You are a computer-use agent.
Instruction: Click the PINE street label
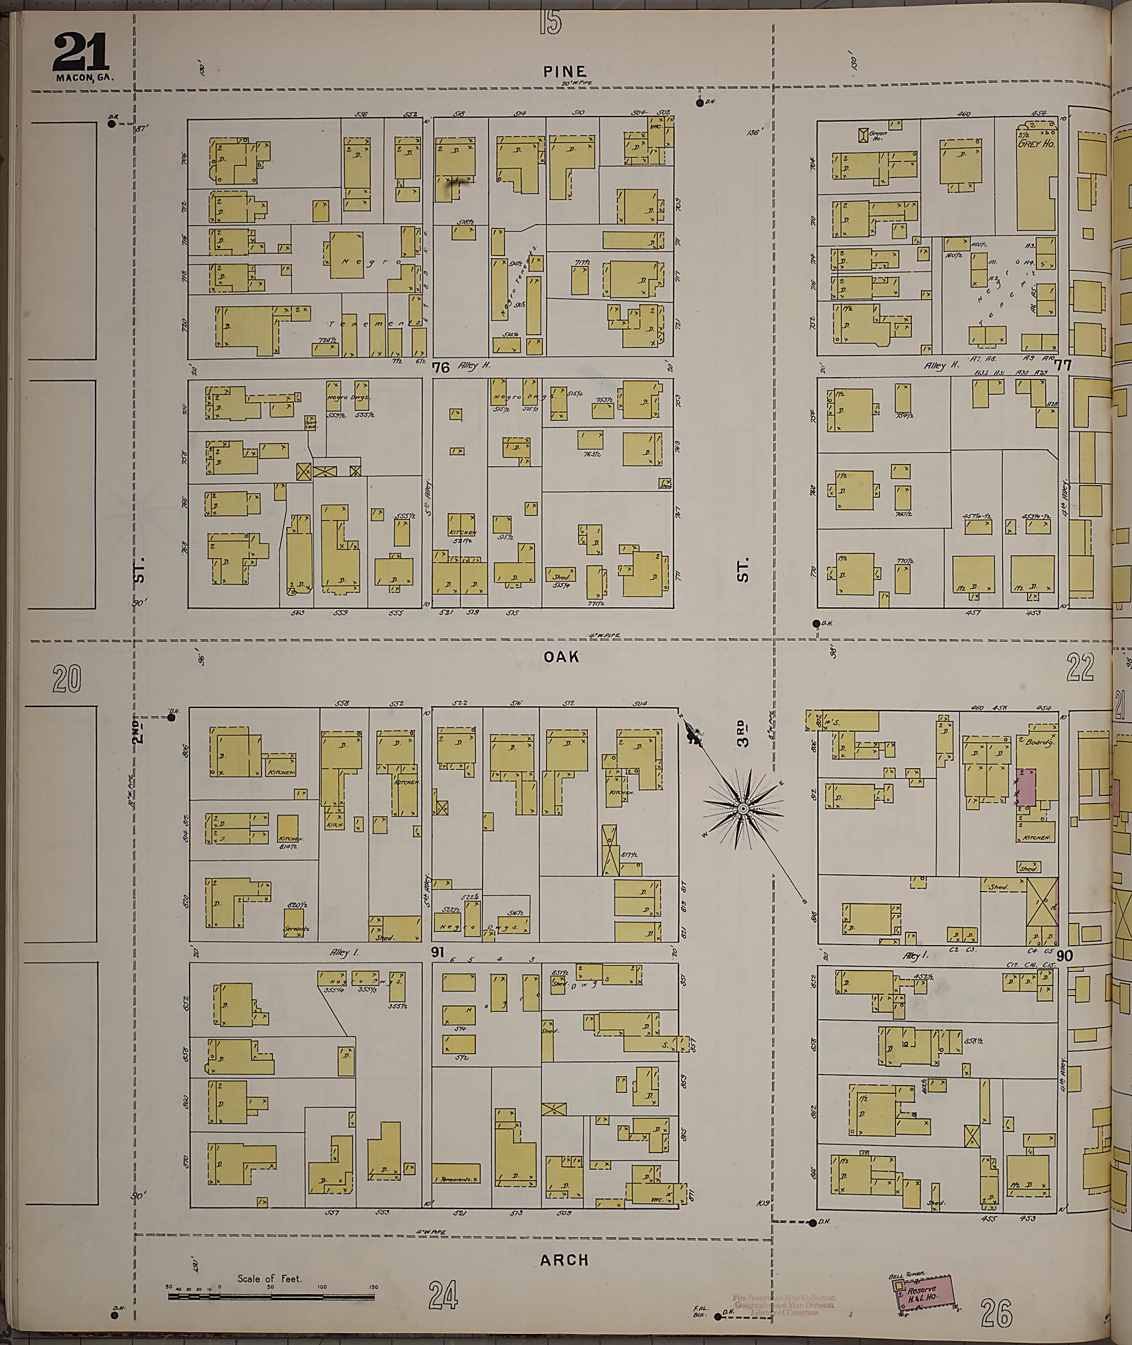[x=564, y=72]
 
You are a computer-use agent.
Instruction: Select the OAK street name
[x=562, y=656]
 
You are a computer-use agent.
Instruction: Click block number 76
[x=441, y=367]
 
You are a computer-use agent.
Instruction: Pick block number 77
[x=1063, y=366]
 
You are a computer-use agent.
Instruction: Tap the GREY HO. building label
[x=1036, y=143]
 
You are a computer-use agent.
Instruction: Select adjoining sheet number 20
[x=67, y=679]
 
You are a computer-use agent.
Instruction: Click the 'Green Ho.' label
[x=878, y=135]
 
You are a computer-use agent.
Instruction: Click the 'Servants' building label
[x=296, y=929]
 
